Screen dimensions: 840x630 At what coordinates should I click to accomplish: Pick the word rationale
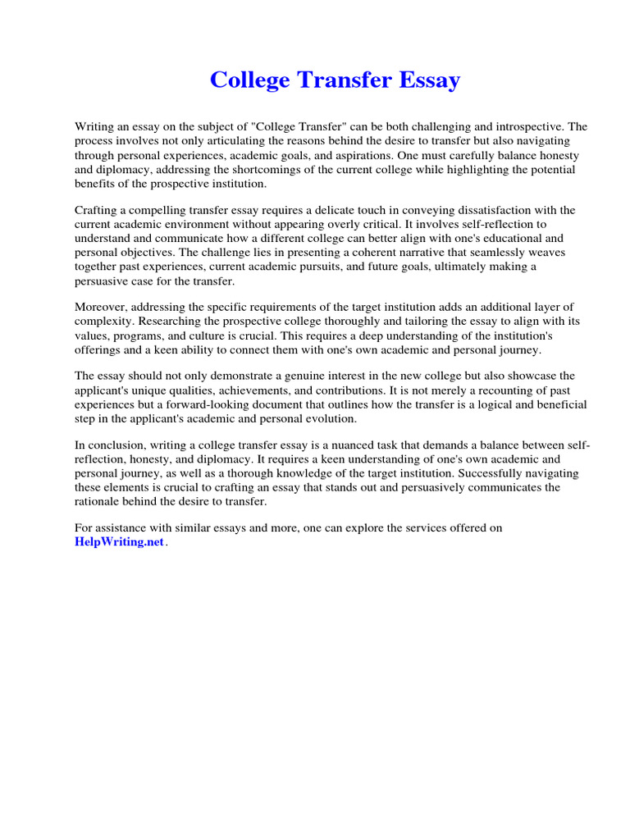tap(98, 501)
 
